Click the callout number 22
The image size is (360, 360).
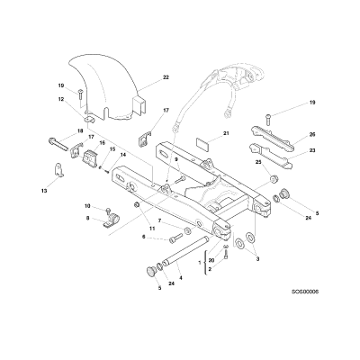pyautogui.click(x=166, y=77)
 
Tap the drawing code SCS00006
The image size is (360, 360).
pyautogui.click(x=305, y=292)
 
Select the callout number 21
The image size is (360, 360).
pyautogui.click(x=226, y=133)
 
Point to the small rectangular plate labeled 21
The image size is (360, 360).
pyautogui.click(x=203, y=142)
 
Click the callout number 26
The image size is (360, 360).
pyautogui.click(x=312, y=134)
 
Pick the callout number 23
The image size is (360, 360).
pyautogui.click(x=312, y=150)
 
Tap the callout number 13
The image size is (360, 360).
pyautogui.click(x=44, y=191)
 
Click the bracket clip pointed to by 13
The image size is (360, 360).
pyautogui.click(x=59, y=170)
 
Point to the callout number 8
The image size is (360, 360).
pyautogui.click(x=87, y=219)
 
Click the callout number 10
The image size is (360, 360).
pyautogui.click(x=87, y=206)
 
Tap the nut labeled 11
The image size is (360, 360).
pyautogui.click(x=136, y=205)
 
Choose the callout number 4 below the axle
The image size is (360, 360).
pyautogui.click(x=181, y=278)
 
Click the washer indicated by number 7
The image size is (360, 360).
pyautogui.click(x=187, y=230)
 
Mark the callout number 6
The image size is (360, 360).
pyautogui.click(x=144, y=237)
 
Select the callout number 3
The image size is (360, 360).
pyautogui.click(x=258, y=258)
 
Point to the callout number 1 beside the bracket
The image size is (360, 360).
pyautogui.click(x=200, y=263)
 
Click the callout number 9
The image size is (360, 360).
pyautogui.click(x=176, y=159)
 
